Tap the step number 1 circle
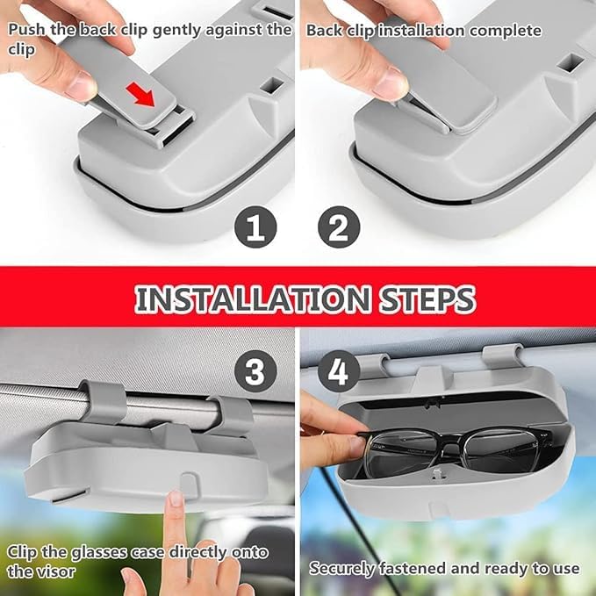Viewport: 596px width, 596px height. (x=255, y=227)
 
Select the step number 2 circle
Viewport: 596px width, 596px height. (x=339, y=227)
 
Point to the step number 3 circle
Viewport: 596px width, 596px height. (x=255, y=371)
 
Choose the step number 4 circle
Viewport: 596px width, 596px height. (x=339, y=371)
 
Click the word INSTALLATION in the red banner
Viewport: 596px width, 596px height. (x=253, y=299)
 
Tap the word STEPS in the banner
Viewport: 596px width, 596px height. (x=427, y=299)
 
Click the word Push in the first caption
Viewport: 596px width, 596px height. (x=26, y=30)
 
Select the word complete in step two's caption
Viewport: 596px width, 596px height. (x=506, y=31)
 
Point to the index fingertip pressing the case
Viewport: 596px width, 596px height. (x=176, y=499)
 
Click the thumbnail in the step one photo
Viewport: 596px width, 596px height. (x=83, y=84)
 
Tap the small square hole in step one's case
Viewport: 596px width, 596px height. (x=271, y=85)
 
